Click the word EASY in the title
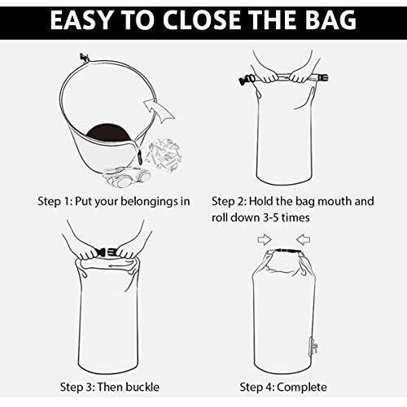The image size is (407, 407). [81, 20]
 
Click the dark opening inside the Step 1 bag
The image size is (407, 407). [107, 133]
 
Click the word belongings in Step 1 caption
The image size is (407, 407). [147, 202]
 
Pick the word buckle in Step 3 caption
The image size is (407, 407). [142, 387]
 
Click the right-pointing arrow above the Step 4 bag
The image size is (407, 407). [265, 239]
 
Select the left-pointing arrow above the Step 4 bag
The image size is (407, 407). [303, 239]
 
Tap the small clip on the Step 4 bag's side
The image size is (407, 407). [313, 348]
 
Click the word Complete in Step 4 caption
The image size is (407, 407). [302, 387]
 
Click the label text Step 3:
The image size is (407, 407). [77, 387]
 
